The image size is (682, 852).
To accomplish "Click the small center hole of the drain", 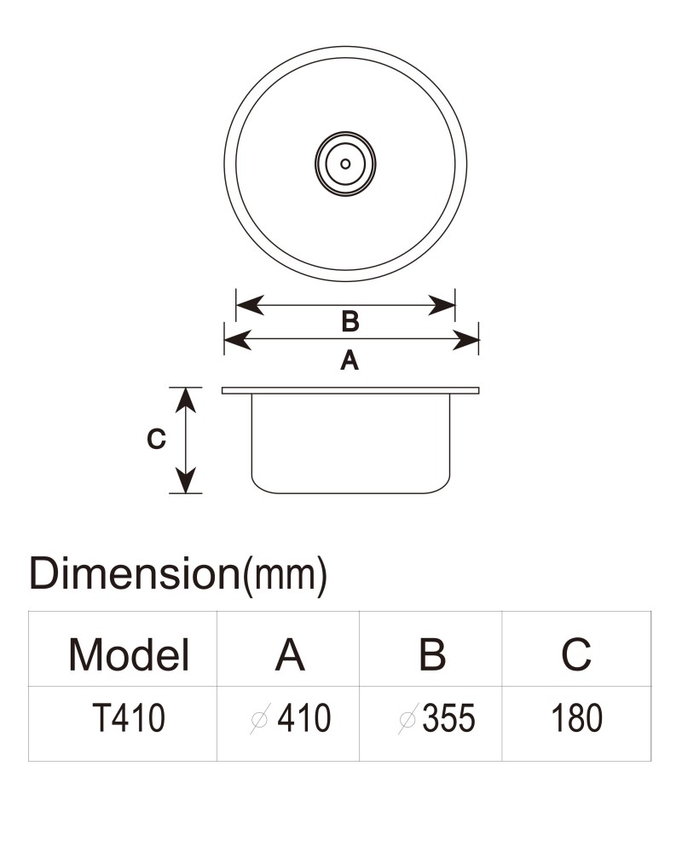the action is coord(345,164).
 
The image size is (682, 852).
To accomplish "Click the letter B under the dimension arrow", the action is coord(350,321).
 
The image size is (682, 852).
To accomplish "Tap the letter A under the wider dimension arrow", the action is coord(350,360).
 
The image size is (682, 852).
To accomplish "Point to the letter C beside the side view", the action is coord(156,439).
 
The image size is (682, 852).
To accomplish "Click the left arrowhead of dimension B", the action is coord(250,305).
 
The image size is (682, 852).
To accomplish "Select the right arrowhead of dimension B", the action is coord(441,305).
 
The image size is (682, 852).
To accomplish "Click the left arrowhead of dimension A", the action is coord(238,340).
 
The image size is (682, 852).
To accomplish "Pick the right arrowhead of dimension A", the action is coord(465,340).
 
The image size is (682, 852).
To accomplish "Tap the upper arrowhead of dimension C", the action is coord(186,401).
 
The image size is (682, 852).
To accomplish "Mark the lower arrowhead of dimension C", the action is coord(186,480).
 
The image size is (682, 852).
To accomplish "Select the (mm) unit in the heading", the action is coord(283,576).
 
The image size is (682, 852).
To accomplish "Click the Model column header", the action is coord(129,654).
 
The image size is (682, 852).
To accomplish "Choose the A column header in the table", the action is coord(290,654).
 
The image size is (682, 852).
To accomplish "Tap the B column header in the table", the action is coord(432,654).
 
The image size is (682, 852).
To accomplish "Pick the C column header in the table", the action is coord(576,654).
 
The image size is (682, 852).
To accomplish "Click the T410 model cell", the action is coord(129,717).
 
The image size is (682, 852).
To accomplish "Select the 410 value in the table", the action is coord(304,717).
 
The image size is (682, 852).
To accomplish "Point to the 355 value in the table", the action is coord(448,717).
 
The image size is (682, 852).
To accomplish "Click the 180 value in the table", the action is coord(576,717).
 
